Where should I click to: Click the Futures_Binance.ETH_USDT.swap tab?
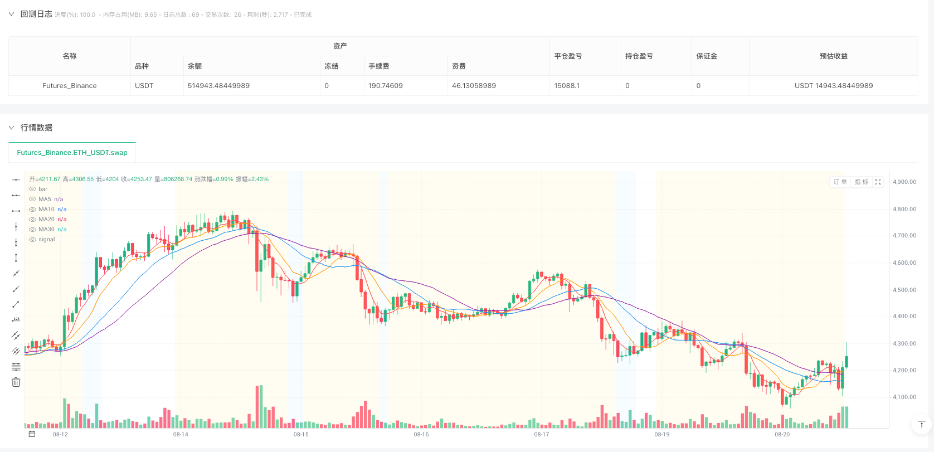click(x=72, y=152)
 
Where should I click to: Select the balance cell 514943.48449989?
click(x=218, y=86)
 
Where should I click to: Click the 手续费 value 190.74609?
click(x=385, y=86)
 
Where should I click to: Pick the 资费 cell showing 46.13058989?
click(x=474, y=86)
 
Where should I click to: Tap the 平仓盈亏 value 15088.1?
click(x=567, y=86)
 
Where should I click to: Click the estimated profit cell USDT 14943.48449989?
click(x=833, y=86)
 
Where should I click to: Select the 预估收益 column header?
click(x=833, y=56)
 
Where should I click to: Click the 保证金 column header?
click(x=707, y=56)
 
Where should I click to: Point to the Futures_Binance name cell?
click(x=70, y=86)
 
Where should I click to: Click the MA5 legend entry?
click(x=45, y=199)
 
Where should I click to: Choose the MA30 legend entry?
click(x=46, y=229)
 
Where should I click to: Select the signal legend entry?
click(x=46, y=239)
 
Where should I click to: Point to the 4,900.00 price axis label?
click(x=904, y=182)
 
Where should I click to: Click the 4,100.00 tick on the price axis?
click(x=904, y=397)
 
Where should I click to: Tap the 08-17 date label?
click(x=541, y=434)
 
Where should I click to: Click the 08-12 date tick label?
click(x=60, y=434)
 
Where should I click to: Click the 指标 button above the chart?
click(x=861, y=182)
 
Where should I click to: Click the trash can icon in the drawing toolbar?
click(x=16, y=382)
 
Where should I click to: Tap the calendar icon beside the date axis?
click(x=32, y=434)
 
